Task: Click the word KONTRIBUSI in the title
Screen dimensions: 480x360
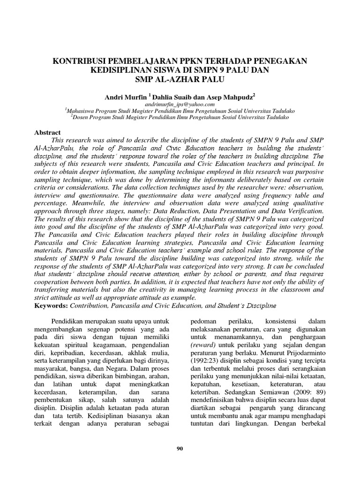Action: tap(79, 61)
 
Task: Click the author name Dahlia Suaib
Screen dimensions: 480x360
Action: tap(169, 96)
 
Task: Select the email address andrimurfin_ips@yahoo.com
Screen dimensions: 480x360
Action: tap(180, 103)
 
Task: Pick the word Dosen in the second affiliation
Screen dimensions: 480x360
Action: tap(81, 117)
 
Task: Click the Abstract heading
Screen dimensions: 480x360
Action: tap(48, 133)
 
